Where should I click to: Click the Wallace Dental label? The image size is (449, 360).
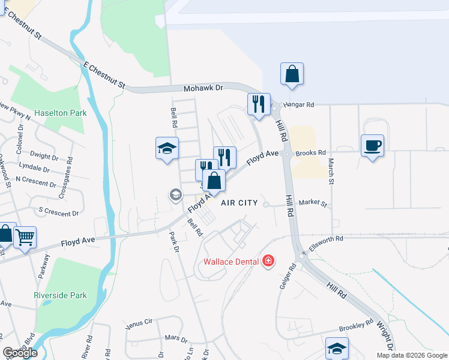point(231,262)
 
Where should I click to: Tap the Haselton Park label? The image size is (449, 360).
point(61,113)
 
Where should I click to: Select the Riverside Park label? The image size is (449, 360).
point(61,295)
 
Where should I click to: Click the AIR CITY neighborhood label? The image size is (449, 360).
point(240,203)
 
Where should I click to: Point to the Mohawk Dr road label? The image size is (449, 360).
point(203,88)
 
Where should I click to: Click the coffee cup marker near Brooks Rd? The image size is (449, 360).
point(372,145)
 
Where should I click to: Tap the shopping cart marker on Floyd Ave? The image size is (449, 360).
point(25,238)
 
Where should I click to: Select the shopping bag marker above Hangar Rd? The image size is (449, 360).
point(292,74)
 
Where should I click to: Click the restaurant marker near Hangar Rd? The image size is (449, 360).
point(259,104)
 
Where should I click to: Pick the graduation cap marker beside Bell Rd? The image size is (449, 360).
point(167,148)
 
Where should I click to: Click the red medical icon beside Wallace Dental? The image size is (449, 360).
point(268,261)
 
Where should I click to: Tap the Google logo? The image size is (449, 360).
point(20,353)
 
